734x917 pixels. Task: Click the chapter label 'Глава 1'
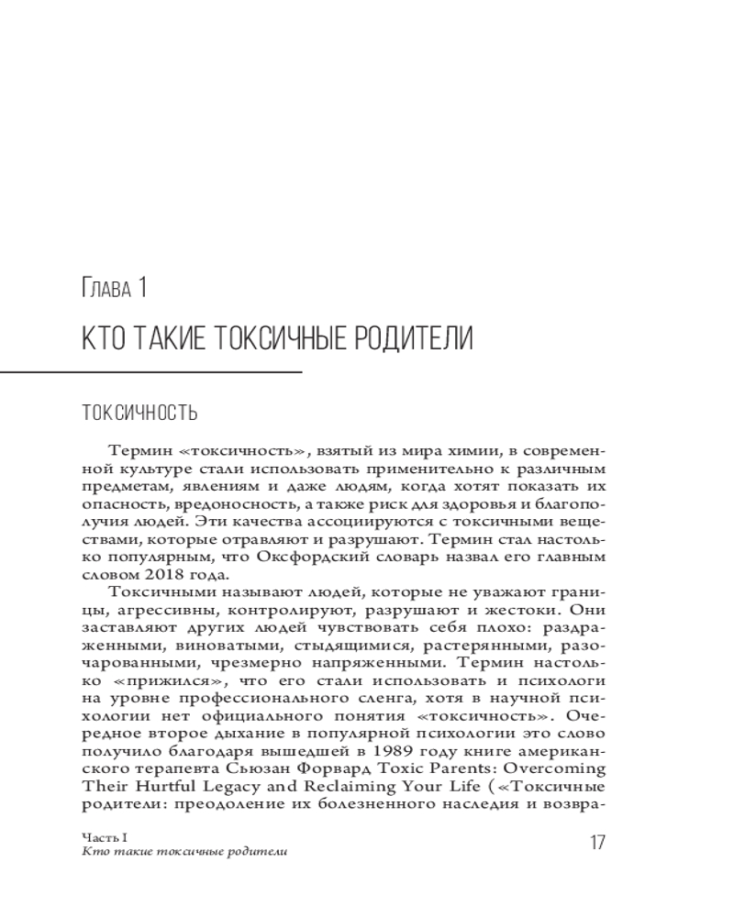point(114,291)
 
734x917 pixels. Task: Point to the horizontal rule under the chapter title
point(151,372)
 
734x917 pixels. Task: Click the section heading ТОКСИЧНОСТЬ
point(139,412)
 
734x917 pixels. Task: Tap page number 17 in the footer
point(596,843)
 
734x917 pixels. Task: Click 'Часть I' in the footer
point(98,837)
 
